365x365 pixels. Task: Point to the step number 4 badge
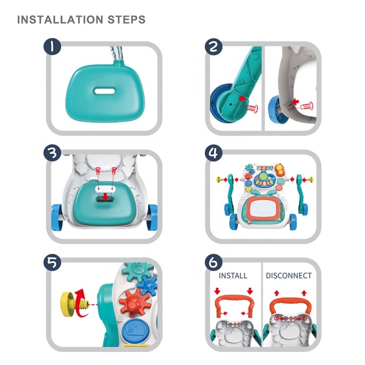click(x=213, y=154)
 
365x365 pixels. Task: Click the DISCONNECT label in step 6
click(x=289, y=275)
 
